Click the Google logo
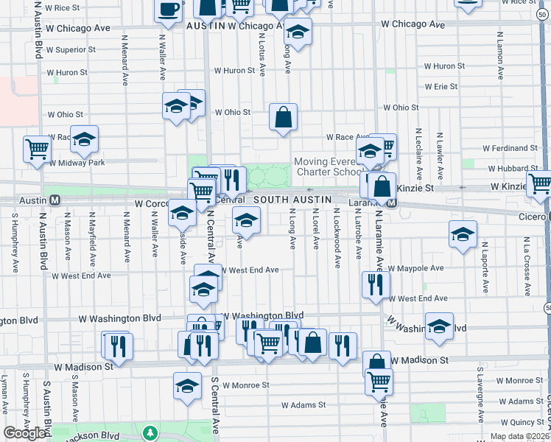tap(26, 433)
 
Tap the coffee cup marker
tap(169, 10)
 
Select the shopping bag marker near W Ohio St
tap(283, 116)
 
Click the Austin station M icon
tap(55, 200)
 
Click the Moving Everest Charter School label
tap(329, 167)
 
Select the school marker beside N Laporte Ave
tap(463, 235)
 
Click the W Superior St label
tap(71, 50)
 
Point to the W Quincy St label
tap(520, 422)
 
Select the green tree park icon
tap(150, 432)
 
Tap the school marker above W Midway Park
tap(84, 139)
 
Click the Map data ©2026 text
tap(519, 436)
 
